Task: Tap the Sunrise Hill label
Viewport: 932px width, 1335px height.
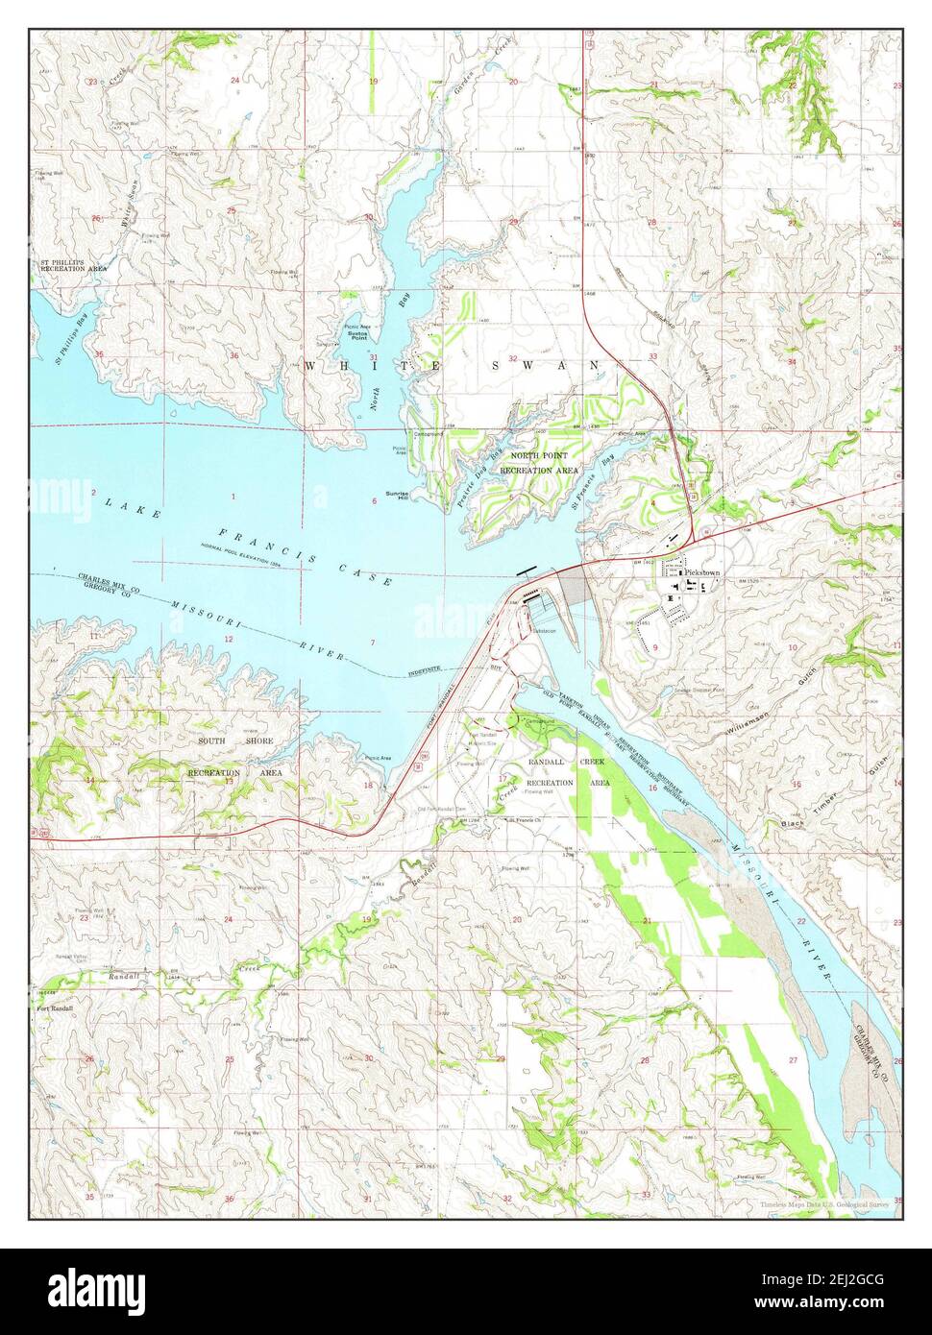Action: (397, 496)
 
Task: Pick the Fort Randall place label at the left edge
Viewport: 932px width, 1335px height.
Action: (55, 1008)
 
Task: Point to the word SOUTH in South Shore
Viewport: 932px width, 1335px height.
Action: (212, 741)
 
